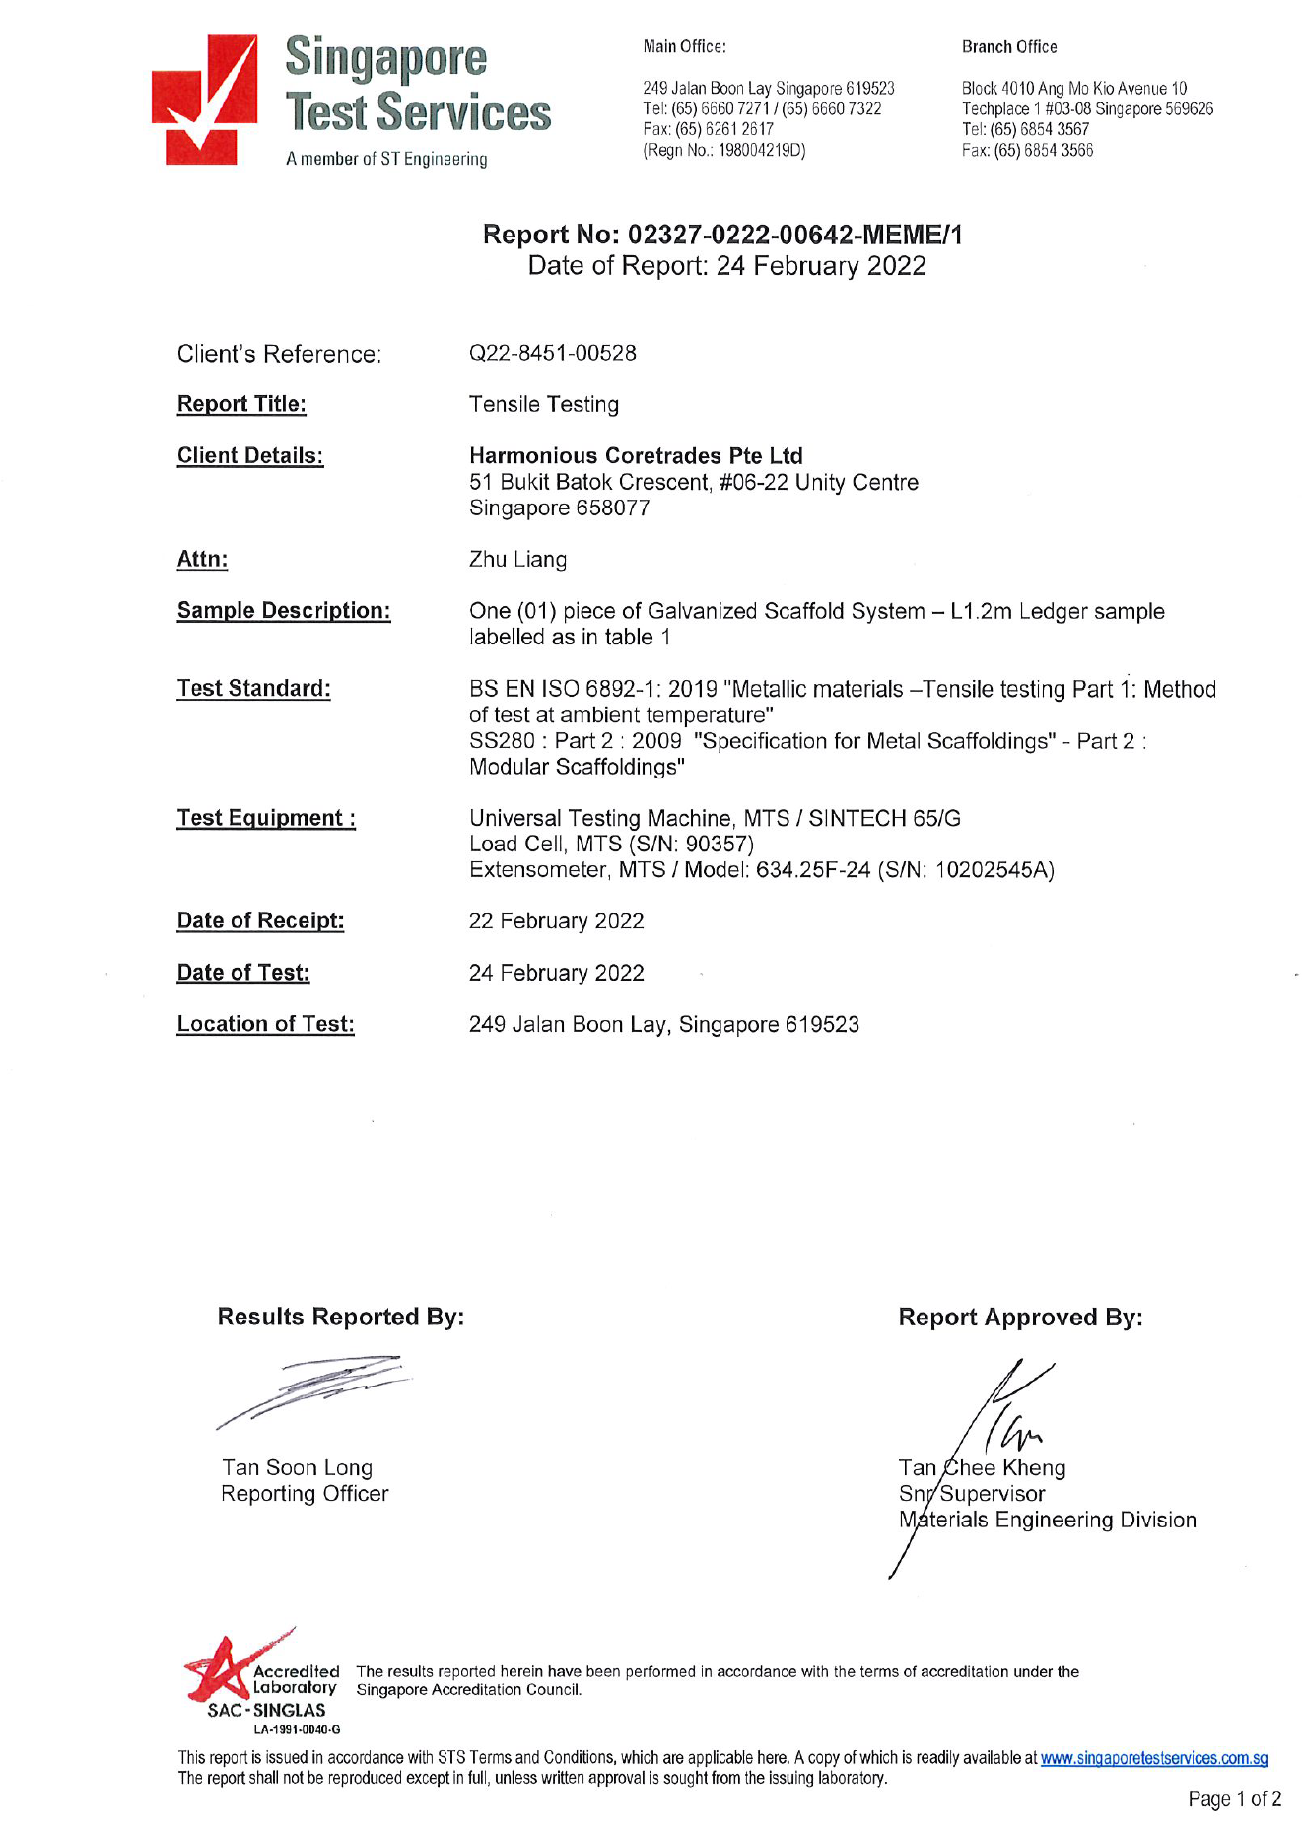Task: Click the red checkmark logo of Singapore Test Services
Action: click(204, 101)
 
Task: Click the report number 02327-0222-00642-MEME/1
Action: click(794, 235)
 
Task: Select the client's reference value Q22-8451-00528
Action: click(552, 353)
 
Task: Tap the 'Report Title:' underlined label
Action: click(241, 404)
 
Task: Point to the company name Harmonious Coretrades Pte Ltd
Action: click(636, 456)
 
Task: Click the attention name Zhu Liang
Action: click(517, 560)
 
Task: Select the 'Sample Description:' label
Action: click(284, 611)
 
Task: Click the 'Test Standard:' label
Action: click(253, 689)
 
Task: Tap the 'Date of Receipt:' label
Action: click(260, 921)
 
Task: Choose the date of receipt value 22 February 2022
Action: click(556, 921)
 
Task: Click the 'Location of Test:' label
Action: click(265, 1025)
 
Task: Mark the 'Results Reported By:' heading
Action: click(340, 1318)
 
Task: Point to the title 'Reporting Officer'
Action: click(305, 1494)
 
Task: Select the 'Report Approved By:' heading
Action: click(1020, 1318)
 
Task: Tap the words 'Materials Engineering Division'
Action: click(1048, 1521)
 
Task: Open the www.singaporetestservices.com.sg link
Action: click(1153, 1758)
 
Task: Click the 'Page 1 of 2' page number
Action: click(1234, 1799)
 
